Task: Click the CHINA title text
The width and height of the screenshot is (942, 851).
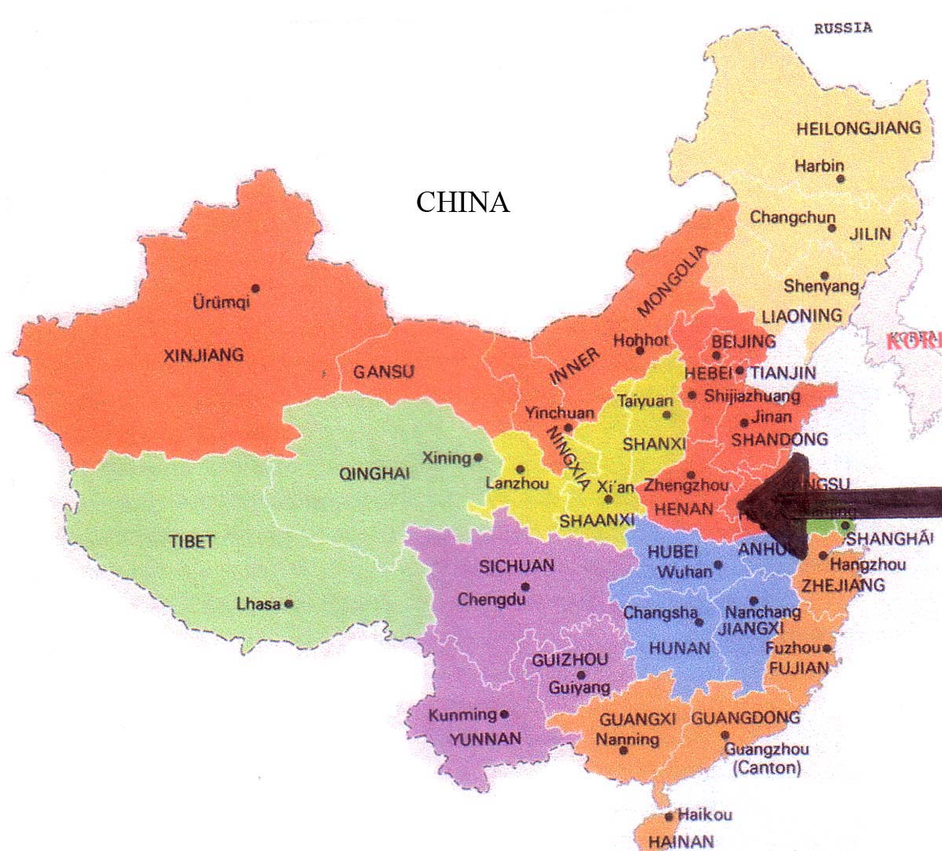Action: [462, 203]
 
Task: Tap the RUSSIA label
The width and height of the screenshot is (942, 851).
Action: [842, 28]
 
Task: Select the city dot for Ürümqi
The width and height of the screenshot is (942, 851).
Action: [255, 288]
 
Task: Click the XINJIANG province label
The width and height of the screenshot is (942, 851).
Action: [203, 355]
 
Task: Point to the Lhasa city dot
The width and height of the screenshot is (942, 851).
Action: [289, 604]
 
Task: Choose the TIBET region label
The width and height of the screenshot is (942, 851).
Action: [192, 542]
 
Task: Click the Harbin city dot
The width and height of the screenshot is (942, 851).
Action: [841, 179]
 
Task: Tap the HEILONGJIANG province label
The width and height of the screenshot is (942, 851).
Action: [858, 128]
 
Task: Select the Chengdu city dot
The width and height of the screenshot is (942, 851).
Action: [525, 586]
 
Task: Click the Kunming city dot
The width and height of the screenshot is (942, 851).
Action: [504, 714]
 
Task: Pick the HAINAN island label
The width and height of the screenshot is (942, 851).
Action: [681, 841]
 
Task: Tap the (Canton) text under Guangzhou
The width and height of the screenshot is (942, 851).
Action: [766, 768]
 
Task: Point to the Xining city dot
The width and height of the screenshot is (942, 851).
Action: [476, 457]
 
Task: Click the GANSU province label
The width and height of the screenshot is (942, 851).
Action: [383, 371]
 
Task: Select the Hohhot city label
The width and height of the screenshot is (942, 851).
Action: [641, 340]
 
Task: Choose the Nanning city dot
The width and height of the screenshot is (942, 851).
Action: [623, 751]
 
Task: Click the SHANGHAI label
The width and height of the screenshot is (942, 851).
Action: [889, 539]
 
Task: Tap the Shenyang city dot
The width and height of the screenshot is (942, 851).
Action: [824, 276]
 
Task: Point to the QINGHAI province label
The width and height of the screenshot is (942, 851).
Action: [374, 473]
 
